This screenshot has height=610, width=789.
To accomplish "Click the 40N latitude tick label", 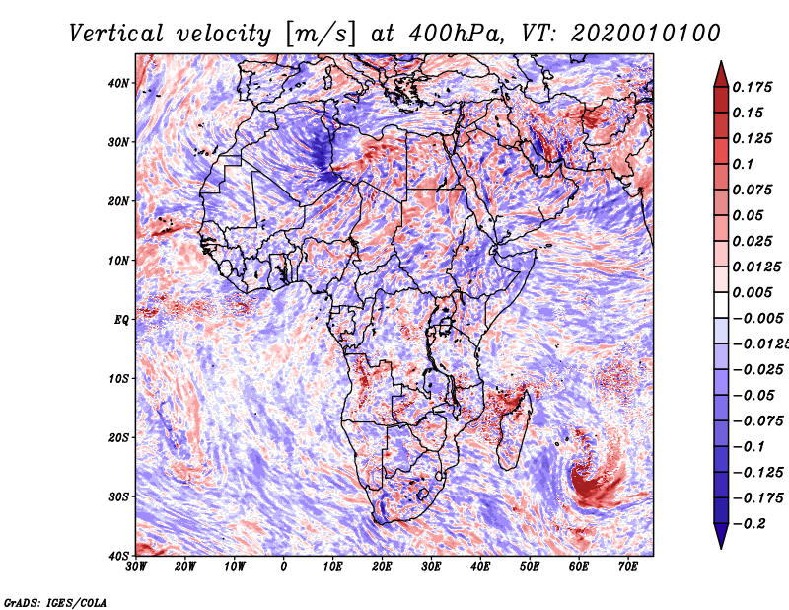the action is tap(118, 83).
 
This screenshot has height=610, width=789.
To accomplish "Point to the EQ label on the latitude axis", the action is tap(121, 320).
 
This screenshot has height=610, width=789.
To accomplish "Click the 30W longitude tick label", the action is tap(136, 567).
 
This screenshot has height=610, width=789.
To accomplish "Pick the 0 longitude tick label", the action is tap(284, 567).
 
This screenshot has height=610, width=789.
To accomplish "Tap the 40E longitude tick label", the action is tap(480, 567).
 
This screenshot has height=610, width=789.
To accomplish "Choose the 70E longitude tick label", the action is tap(628, 567).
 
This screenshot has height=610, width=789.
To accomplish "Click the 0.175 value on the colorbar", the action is tap(753, 87).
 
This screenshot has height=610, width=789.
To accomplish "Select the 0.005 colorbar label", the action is tap(753, 292).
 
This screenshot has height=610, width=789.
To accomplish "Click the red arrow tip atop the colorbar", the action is tap(721, 62).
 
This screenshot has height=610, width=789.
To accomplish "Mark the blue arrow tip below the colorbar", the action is tap(721, 548).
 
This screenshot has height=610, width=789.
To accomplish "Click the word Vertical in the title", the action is tap(116, 34).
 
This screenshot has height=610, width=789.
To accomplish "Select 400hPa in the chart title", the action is tap(455, 34).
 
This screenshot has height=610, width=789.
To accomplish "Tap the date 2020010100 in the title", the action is tap(646, 34).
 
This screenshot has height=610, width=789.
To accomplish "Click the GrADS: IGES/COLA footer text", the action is tap(55, 602).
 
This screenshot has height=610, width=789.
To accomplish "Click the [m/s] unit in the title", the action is tap(320, 35).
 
